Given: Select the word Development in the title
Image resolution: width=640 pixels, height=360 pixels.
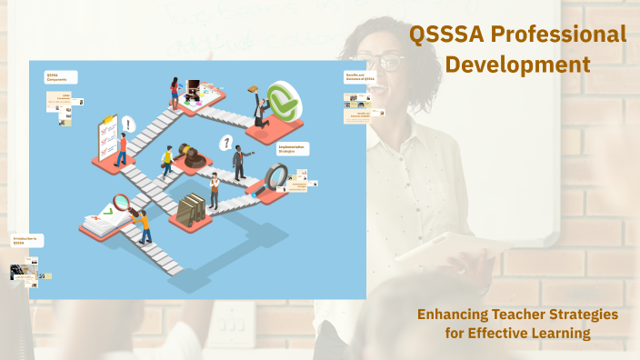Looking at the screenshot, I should click(518, 65).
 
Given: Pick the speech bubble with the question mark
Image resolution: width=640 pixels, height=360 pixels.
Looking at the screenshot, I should click(226, 142).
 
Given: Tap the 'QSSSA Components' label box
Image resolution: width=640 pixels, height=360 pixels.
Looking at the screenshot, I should click(61, 78).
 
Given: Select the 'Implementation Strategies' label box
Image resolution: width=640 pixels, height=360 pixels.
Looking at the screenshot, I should click(292, 149).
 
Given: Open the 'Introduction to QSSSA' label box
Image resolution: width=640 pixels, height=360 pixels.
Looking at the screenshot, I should click(26, 241).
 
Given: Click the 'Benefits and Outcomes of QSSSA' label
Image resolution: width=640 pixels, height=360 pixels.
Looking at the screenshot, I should click(360, 78).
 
